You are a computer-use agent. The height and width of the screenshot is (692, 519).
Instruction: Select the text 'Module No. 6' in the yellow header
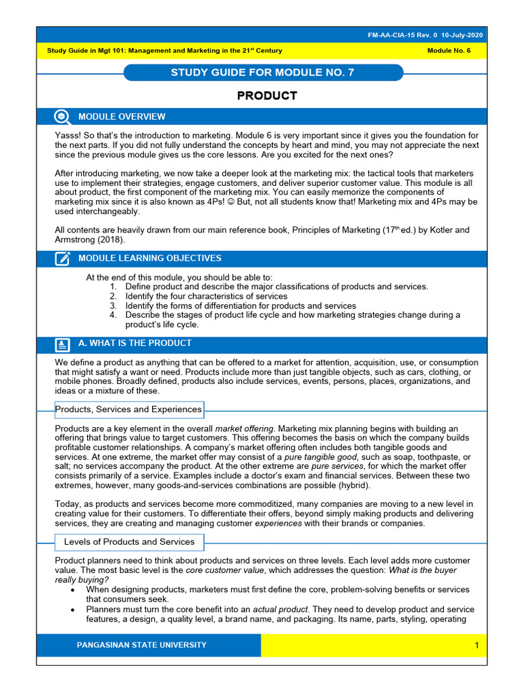click(449, 51)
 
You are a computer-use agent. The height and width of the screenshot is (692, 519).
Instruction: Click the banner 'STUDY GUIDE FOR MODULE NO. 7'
click(262, 73)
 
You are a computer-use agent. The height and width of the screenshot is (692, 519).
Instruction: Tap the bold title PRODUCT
click(267, 96)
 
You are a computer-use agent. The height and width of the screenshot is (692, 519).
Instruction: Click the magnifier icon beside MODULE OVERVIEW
click(62, 117)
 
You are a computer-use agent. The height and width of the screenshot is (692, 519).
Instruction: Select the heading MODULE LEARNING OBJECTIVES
click(149, 258)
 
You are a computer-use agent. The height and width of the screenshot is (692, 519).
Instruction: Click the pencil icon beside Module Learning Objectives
click(62, 258)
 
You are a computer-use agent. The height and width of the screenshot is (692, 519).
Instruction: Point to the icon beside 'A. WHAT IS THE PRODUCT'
click(62, 344)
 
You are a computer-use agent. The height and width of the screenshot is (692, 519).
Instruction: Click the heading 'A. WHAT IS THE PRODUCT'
click(135, 343)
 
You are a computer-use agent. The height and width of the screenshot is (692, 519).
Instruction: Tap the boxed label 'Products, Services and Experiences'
click(128, 410)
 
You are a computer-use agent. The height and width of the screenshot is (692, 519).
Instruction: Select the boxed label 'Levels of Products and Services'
click(128, 542)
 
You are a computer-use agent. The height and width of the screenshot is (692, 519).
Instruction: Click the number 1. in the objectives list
click(113, 287)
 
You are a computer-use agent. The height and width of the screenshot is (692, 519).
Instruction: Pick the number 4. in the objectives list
click(113, 315)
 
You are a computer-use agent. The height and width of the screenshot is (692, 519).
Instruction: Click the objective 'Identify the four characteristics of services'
click(206, 296)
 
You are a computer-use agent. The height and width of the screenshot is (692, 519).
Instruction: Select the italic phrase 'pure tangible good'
click(321, 458)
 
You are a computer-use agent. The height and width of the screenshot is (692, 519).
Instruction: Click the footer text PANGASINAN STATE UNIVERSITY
click(142, 645)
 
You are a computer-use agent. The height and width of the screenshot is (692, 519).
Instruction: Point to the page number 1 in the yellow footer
click(476, 645)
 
